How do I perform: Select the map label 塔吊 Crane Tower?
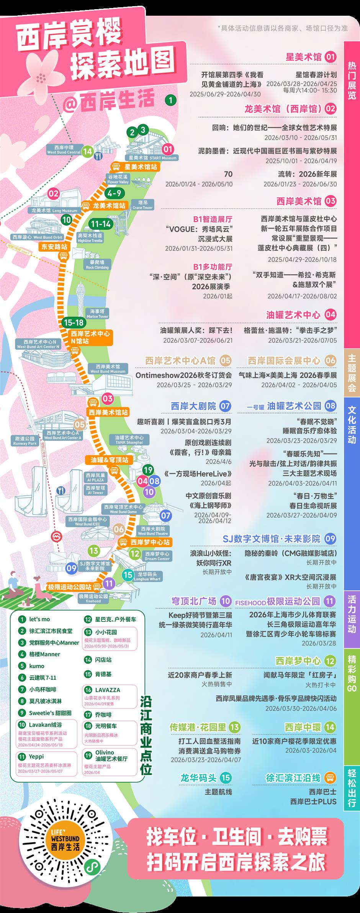tap(142, 205)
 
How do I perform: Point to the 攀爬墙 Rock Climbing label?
tap(97, 264)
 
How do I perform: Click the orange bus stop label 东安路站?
tap(54, 247)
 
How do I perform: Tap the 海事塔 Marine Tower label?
tap(97, 314)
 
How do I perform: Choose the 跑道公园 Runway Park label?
tap(25, 441)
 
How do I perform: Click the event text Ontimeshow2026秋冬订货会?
tap(183, 375)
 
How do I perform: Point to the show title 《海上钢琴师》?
tap(210, 505)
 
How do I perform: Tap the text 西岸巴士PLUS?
tap(313, 802)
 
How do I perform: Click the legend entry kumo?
tap(37, 666)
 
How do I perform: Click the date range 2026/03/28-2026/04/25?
tap(301, 83)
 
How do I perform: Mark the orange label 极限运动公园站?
tap(69, 587)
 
